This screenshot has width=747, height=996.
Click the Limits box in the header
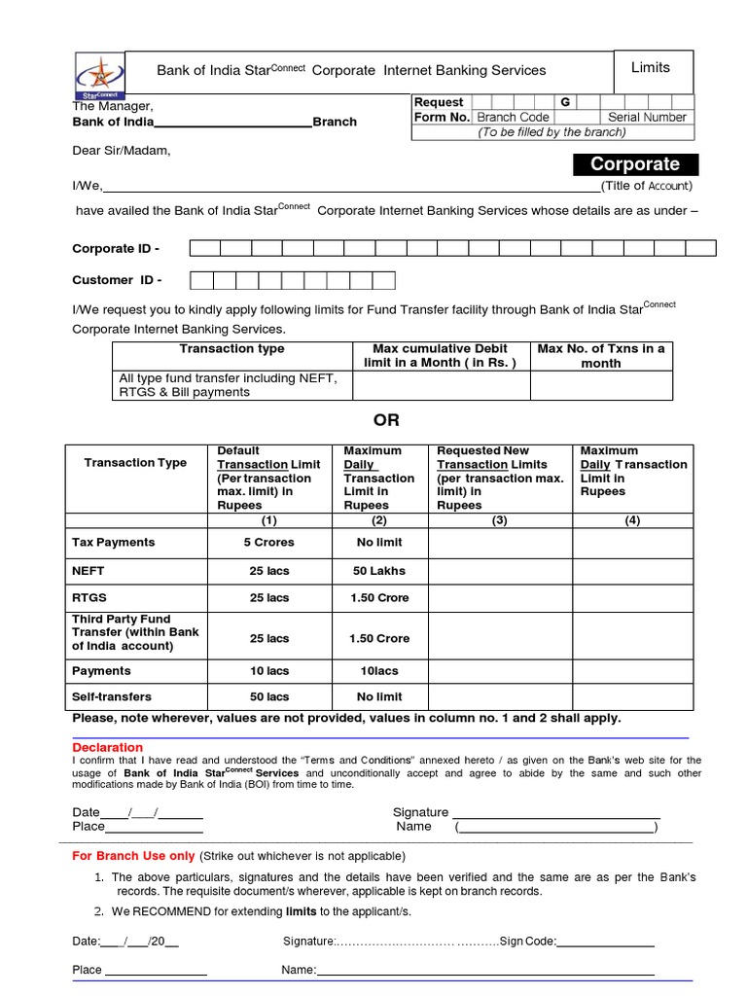[651, 68]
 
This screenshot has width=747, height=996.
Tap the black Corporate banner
[636, 164]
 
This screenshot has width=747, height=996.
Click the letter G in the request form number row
[564, 102]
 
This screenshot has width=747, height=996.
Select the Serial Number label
[647, 117]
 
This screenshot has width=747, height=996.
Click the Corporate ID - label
[116, 248]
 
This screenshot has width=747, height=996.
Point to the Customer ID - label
[117, 280]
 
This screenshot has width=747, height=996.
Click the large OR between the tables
[386, 420]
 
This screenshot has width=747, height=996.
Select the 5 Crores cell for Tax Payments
[268, 543]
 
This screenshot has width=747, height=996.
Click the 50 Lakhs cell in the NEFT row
[379, 570]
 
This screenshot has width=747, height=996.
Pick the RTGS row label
[89, 597]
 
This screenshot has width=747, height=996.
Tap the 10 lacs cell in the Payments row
[268, 671]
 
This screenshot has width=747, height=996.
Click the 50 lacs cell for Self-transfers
[268, 697]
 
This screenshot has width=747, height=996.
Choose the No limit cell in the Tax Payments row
[379, 543]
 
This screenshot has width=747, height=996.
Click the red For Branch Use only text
[134, 856]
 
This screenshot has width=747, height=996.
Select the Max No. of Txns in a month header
[600, 356]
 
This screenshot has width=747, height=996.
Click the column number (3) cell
[499, 520]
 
